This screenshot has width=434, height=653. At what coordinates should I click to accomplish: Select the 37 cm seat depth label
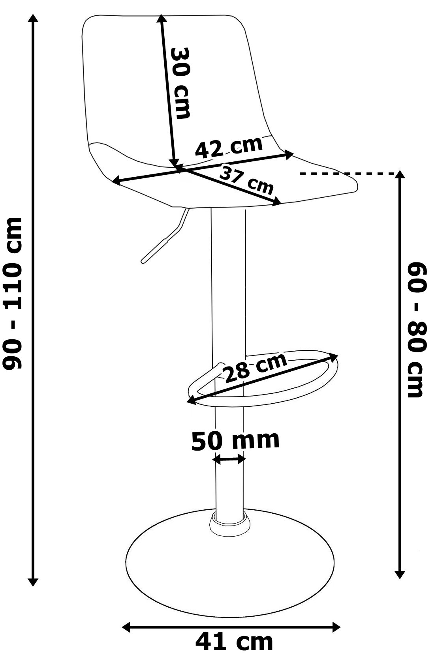point(246,180)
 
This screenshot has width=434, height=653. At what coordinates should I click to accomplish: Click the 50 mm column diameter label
point(235,440)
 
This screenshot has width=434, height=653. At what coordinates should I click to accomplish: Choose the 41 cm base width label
point(234,642)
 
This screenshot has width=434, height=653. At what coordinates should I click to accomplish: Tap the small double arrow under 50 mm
point(229,459)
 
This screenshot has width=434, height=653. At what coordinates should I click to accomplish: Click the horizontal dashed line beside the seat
point(348,173)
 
